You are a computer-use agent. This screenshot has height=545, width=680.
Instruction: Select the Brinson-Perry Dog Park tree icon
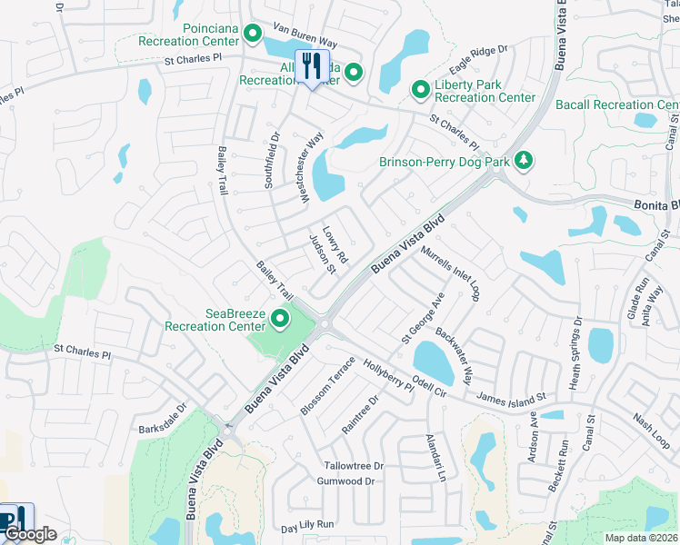pos(523,161)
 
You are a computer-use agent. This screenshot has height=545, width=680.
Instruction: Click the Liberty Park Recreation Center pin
pos(420,89)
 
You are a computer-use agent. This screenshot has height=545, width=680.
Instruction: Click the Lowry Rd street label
pos(335,245)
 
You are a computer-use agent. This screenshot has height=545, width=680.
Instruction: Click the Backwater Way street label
pos(455,354)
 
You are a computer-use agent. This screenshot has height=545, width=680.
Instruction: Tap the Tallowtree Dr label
pos(355,466)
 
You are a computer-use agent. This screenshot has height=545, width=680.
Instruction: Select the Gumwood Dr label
pos(350,481)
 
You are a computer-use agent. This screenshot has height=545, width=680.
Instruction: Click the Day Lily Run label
pos(308,525)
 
